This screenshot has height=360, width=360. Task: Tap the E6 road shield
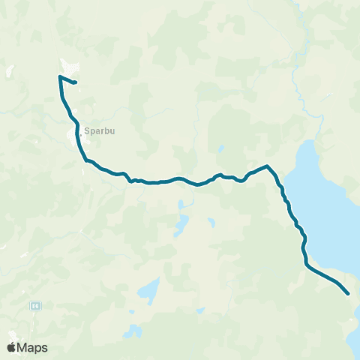coord(35,306)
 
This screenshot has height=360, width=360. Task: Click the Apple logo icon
coord(12,347)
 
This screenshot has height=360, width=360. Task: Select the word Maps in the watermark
coord(33,347)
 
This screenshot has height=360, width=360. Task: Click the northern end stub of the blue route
coord(76,82)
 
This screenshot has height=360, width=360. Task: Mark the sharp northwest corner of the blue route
coord(58,76)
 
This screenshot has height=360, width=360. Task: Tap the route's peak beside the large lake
coord(267,166)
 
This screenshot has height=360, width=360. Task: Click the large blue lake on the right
coord(322,210)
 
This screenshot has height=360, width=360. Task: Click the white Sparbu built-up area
coord(76,136)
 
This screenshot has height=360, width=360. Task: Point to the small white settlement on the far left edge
coord(10,72)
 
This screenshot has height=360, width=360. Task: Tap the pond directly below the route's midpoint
coord(181,223)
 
